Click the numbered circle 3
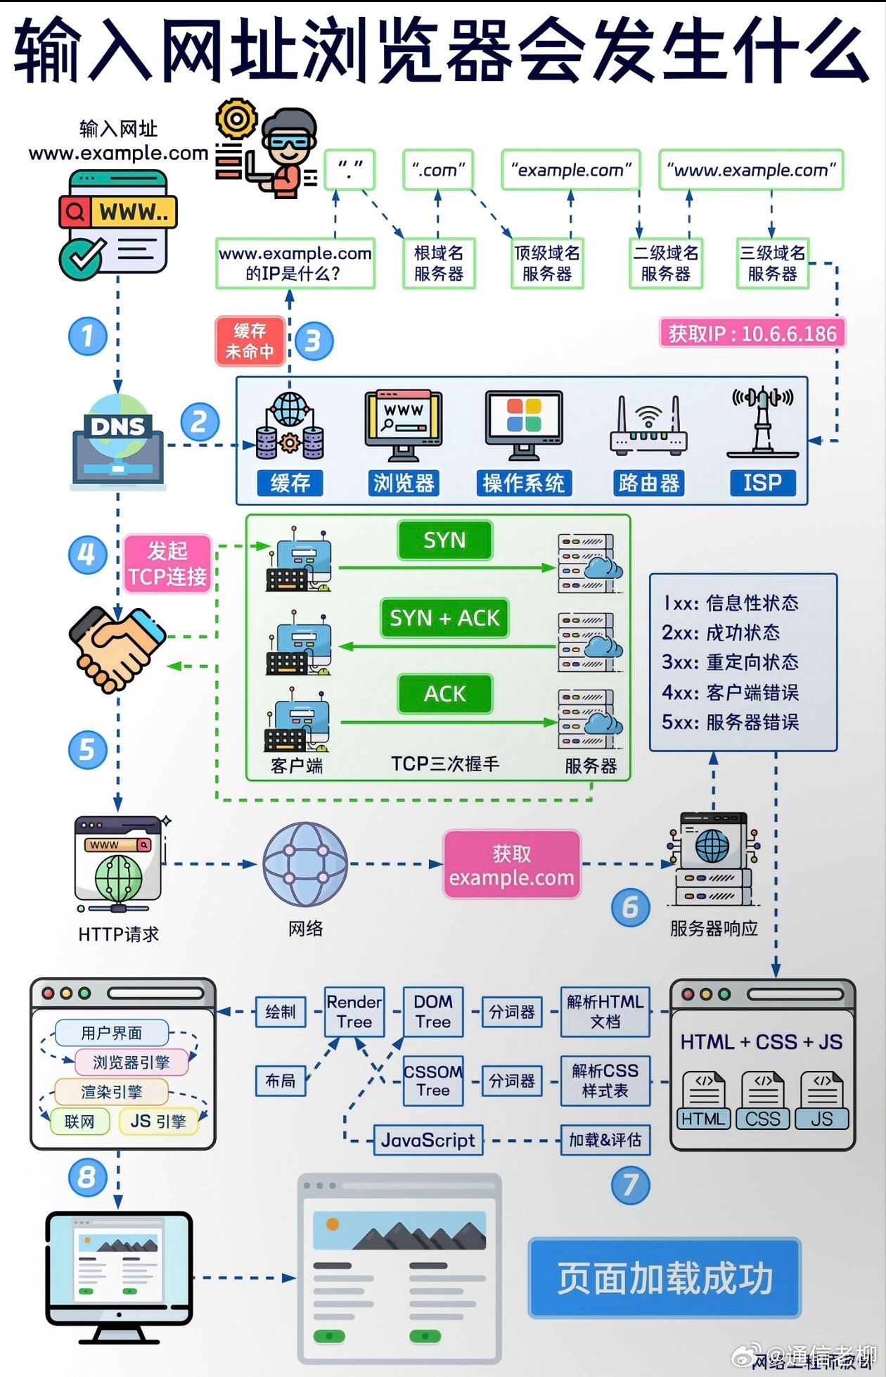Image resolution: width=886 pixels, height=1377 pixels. pyautogui.click(x=314, y=341)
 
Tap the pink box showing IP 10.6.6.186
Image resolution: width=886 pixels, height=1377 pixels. pyautogui.click(x=752, y=333)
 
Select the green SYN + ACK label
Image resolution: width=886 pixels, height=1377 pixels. pyautogui.click(x=444, y=618)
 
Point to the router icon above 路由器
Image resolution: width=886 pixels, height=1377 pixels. pyautogui.click(x=648, y=426)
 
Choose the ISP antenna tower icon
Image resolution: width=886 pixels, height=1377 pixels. pyautogui.click(x=762, y=422)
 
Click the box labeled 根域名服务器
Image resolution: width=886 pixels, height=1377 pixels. pyautogui.click(x=439, y=263)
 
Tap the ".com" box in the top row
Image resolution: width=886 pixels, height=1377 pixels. pyautogui.click(x=438, y=170)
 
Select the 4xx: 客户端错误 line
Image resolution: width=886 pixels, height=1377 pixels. pyautogui.click(x=730, y=692)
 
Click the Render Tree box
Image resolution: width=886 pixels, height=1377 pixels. pyautogui.click(x=354, y=1012)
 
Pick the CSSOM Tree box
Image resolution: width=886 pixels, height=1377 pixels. pyautogui.click(x=433, y=1081)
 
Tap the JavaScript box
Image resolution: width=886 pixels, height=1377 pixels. pyautogui.click(x=428, y=1140)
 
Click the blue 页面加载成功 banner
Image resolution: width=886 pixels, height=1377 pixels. pyautogui.click(x=664, y=1278)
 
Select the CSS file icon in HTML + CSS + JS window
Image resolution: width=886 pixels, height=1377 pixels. pyautogui.click(x=762, y=1100)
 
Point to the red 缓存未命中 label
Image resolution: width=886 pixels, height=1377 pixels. pyautogui.click(x=250, y=341)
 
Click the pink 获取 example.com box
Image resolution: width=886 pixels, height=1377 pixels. pyautogui.click(x=511, y=865)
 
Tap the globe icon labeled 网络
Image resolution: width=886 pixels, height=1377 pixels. pyautogui.click(x=305, y=864)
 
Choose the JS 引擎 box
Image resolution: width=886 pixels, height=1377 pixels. pyautogui.click(x=158, y=1121)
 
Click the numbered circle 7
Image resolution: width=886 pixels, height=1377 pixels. pyautogui.click(x=630, y=1185)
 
